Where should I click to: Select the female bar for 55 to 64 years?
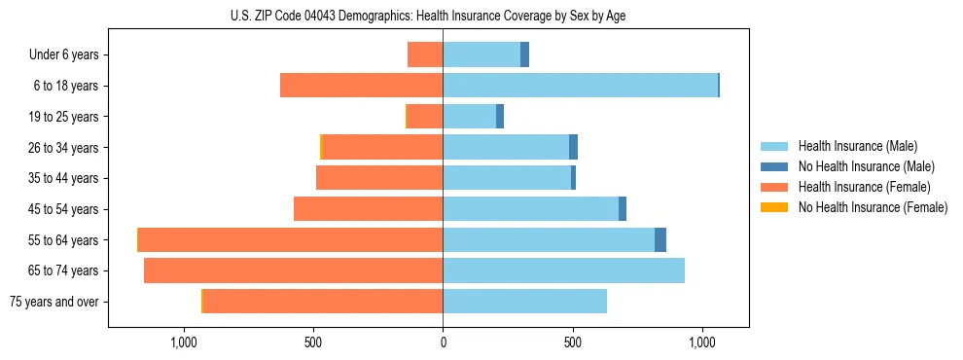pyautogui.click(x=291, y=239)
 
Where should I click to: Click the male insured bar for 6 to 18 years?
pyautogui.click(x=580, y=86)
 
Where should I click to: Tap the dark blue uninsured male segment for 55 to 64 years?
pyautogui.click(x=660, y=239)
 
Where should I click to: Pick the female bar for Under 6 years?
pyautogui.click(x=425, y=54)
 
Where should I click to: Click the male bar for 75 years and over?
pyautogui.click(x=525, y=302)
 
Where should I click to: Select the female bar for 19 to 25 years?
pyautogui.click(x=425, y=117)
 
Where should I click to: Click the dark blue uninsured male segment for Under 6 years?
pyautogui.click(x=525, y=54)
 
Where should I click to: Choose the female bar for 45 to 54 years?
pyautogui.click(x=369, y=209)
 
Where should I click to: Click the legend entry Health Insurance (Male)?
pyautogui.click(x=857, y=146)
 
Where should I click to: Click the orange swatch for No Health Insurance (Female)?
pyautogui.click(x=774, y=207)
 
